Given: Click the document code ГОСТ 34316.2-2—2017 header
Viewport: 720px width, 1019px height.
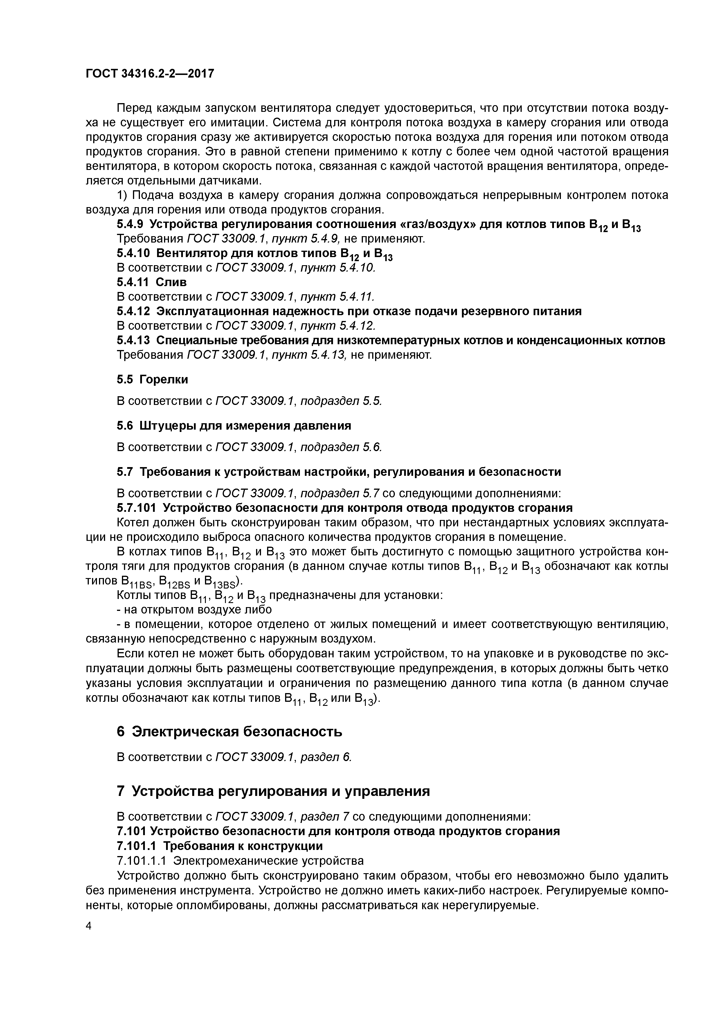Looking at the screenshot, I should [150, 73].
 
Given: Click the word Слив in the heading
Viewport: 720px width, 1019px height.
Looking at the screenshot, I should [171, 282].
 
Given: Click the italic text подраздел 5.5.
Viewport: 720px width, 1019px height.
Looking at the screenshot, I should [341, 401].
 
